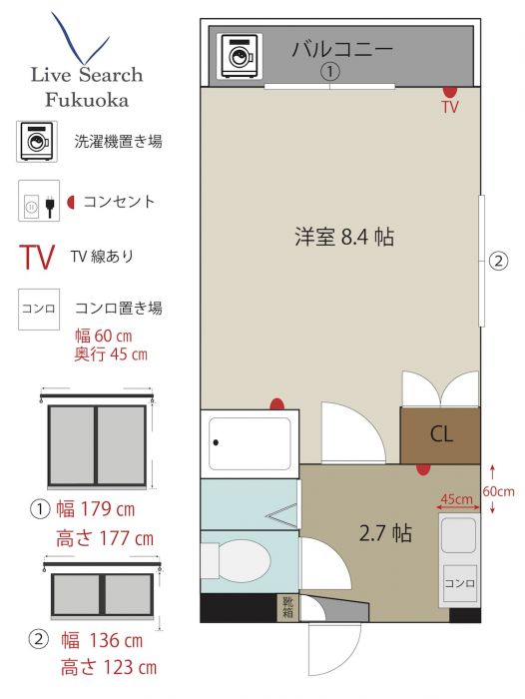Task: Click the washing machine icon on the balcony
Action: coord(242,56)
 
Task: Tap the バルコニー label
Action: coord(342,49)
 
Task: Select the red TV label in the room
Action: coord(450,107)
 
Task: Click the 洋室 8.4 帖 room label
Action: coord(344,237)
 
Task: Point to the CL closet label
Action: coord(441,433)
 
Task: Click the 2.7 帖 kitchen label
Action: coord(385,532)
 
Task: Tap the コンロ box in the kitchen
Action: coord(460,583)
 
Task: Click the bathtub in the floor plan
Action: coord(250,443)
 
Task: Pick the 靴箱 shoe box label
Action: coord(287,607)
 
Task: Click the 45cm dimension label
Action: coord(456,499)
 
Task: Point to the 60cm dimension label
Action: coord(498,491)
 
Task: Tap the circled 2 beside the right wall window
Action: coord(498,261)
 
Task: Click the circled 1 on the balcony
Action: coord(329,71)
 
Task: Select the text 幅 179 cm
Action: coord(96,509)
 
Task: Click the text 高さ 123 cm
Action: coord(109,668)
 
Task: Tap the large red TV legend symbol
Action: coord(37,258)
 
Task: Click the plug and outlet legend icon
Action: coord(39,201)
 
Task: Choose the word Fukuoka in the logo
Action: coord(88,100)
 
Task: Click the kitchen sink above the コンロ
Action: coord(458,535)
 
